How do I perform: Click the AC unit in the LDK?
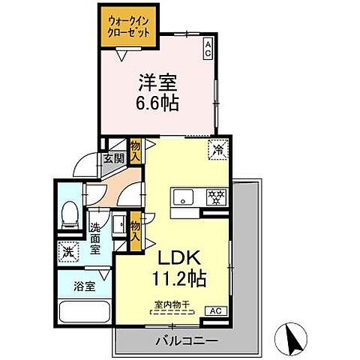(213, 310)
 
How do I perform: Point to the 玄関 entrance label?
(113, 158)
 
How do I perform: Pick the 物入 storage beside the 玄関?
(135, 152)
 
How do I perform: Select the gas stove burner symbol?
(215, 197)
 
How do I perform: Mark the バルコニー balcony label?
(186, 340)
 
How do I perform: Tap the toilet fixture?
(70, 214)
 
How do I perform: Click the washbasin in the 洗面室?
(118, 223)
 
